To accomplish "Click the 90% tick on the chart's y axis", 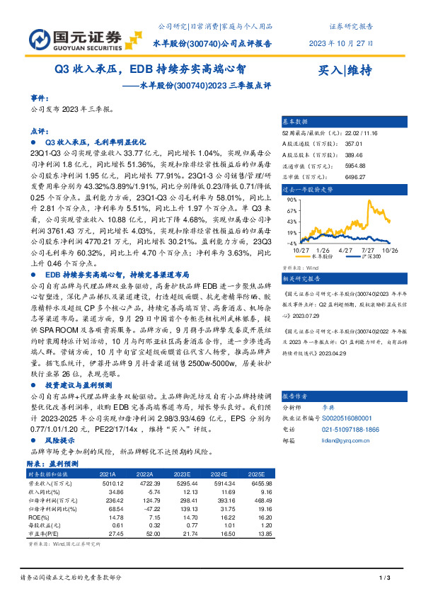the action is [x=290, y=200].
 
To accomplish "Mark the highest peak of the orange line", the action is [x=370, y=200].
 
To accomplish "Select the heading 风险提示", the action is [x=60, y=440].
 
